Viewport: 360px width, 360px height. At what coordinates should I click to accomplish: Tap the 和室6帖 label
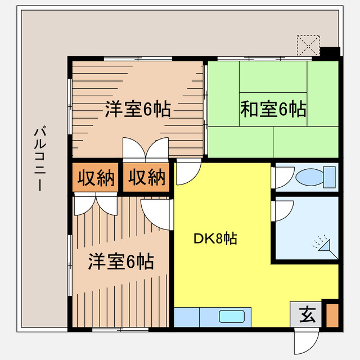tap(273, 109)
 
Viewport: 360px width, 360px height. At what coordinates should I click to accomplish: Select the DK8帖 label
tap(215, 238)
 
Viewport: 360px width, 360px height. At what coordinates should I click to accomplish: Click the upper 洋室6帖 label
tap(138, 109)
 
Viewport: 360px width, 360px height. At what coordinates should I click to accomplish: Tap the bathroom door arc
tap(282, 213)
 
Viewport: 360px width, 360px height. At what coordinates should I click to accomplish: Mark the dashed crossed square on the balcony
tap(308, 45)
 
